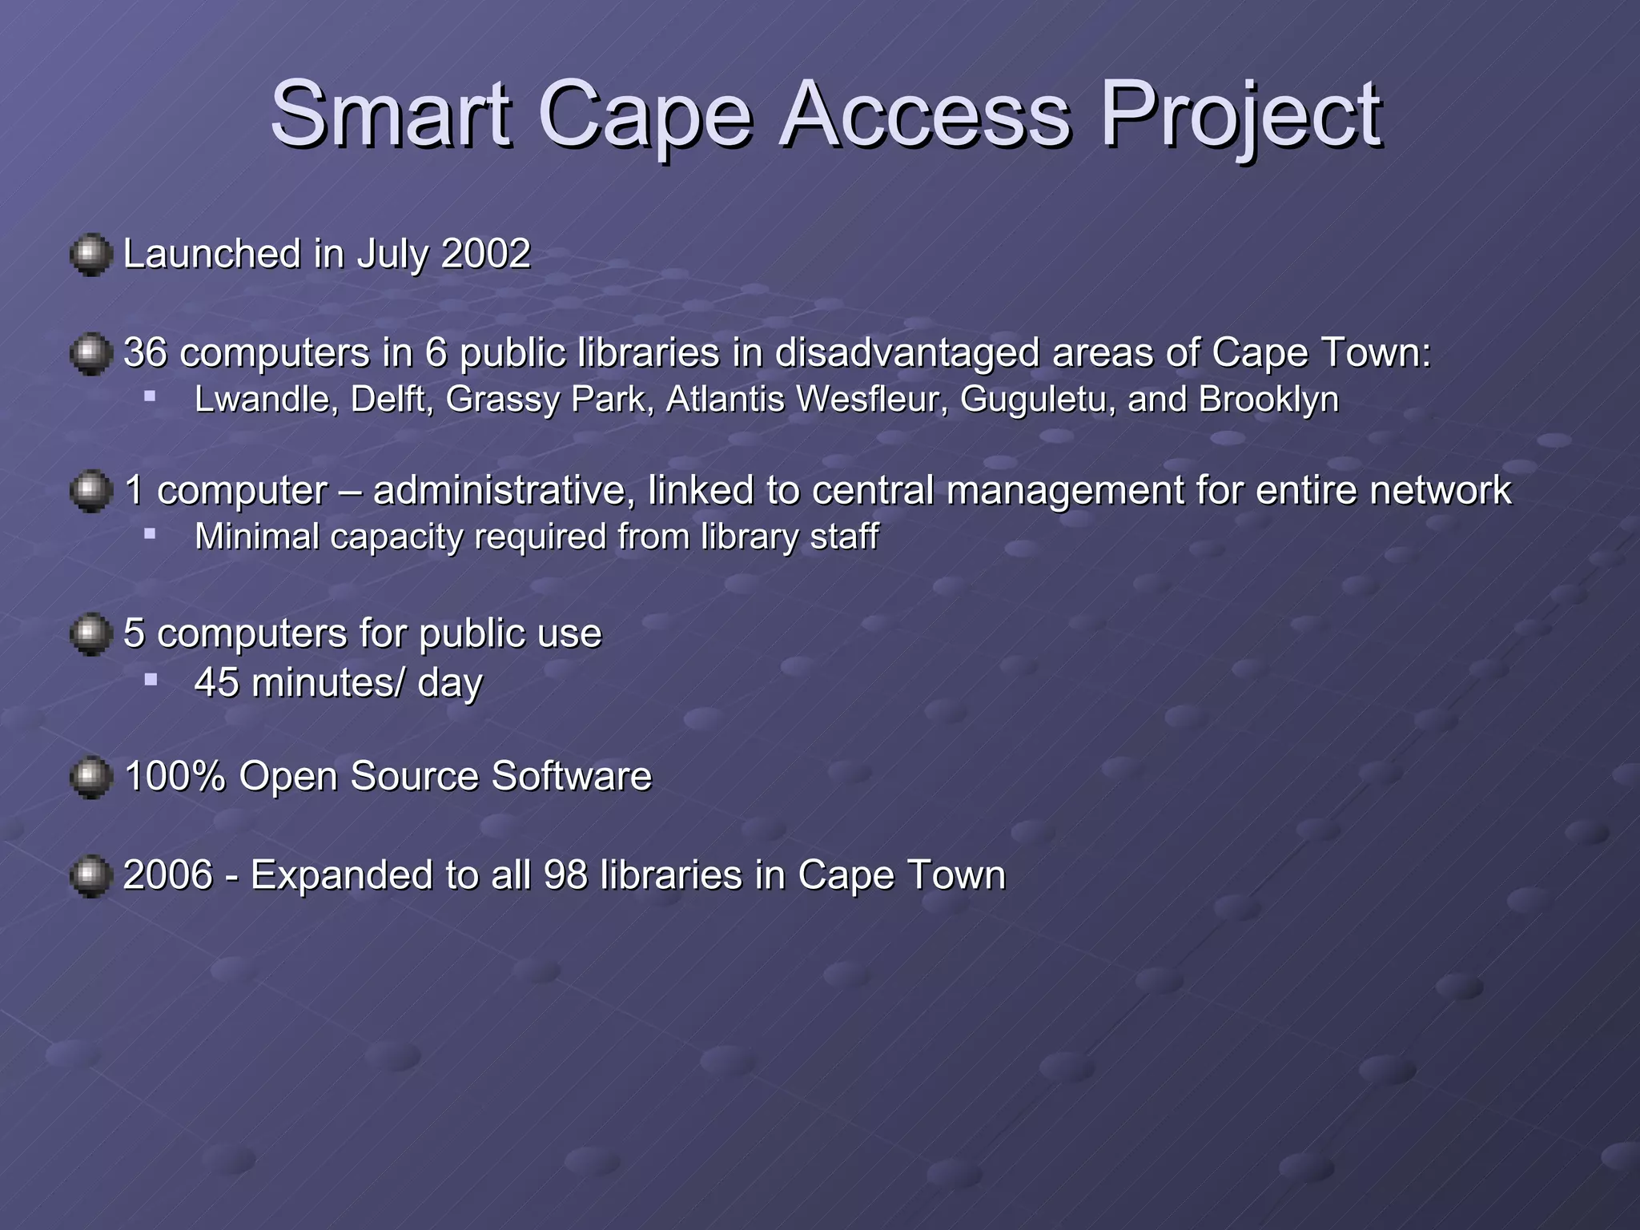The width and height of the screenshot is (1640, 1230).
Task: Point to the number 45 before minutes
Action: coord(216,682)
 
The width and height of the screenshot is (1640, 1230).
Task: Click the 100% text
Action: coord(175,776)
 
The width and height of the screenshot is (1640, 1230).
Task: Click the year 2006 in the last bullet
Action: coord(168,874)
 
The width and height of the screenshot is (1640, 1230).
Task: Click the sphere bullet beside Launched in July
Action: coord(90,255)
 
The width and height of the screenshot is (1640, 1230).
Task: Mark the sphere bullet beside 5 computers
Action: coord(90,634)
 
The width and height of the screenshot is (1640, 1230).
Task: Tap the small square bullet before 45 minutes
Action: coord(151,679)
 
